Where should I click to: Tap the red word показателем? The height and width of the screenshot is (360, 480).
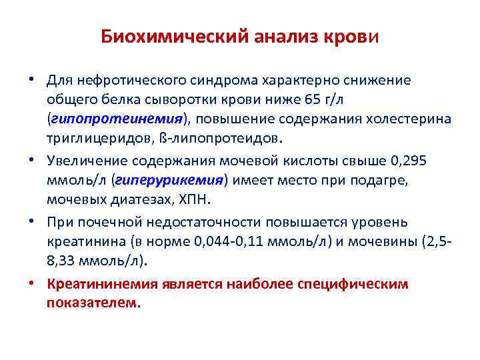click(92, 302)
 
